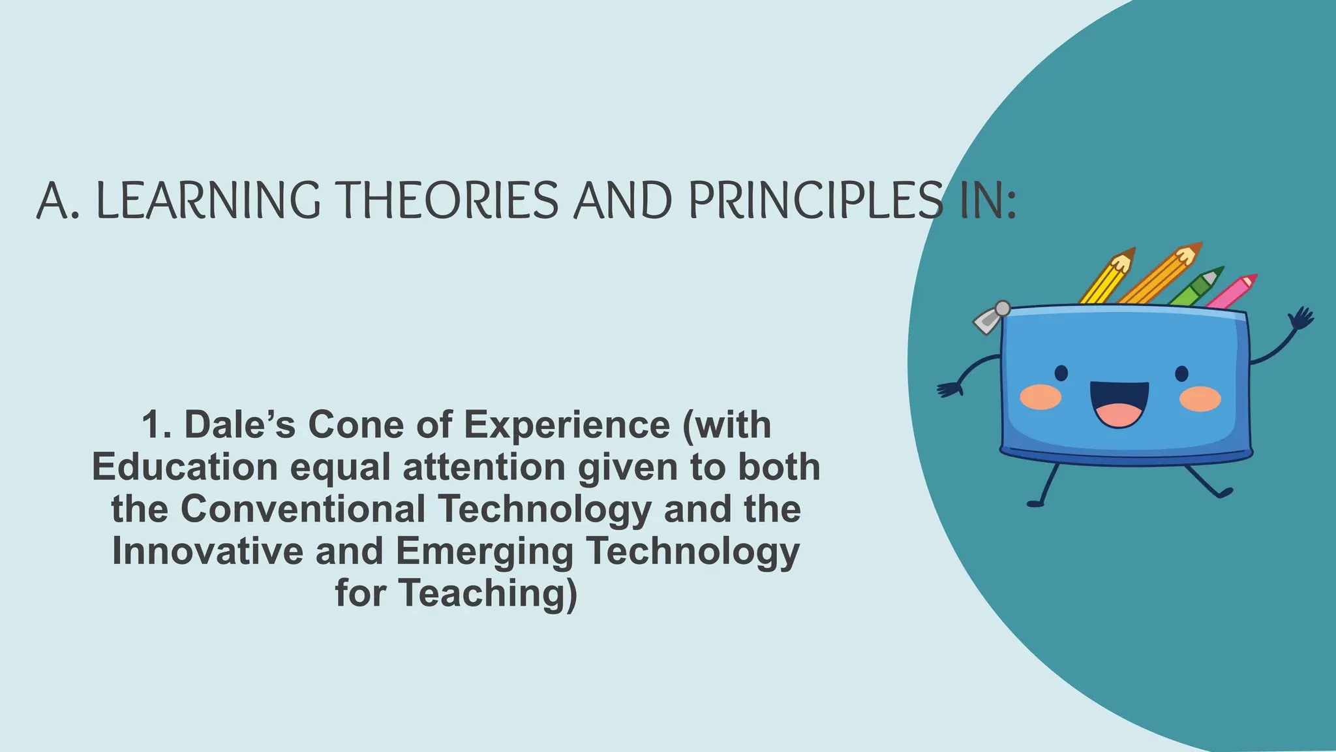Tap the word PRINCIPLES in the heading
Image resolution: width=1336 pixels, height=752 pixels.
pos(815,200)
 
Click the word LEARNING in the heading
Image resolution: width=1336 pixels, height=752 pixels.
pos(208,200)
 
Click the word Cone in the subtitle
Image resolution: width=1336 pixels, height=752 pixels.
pos(356,425)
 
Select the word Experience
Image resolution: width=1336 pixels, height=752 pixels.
pos(566,425)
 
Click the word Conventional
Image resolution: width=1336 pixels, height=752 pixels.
pos(303,509)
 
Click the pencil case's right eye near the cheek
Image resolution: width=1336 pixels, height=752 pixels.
pos(1182,374)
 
